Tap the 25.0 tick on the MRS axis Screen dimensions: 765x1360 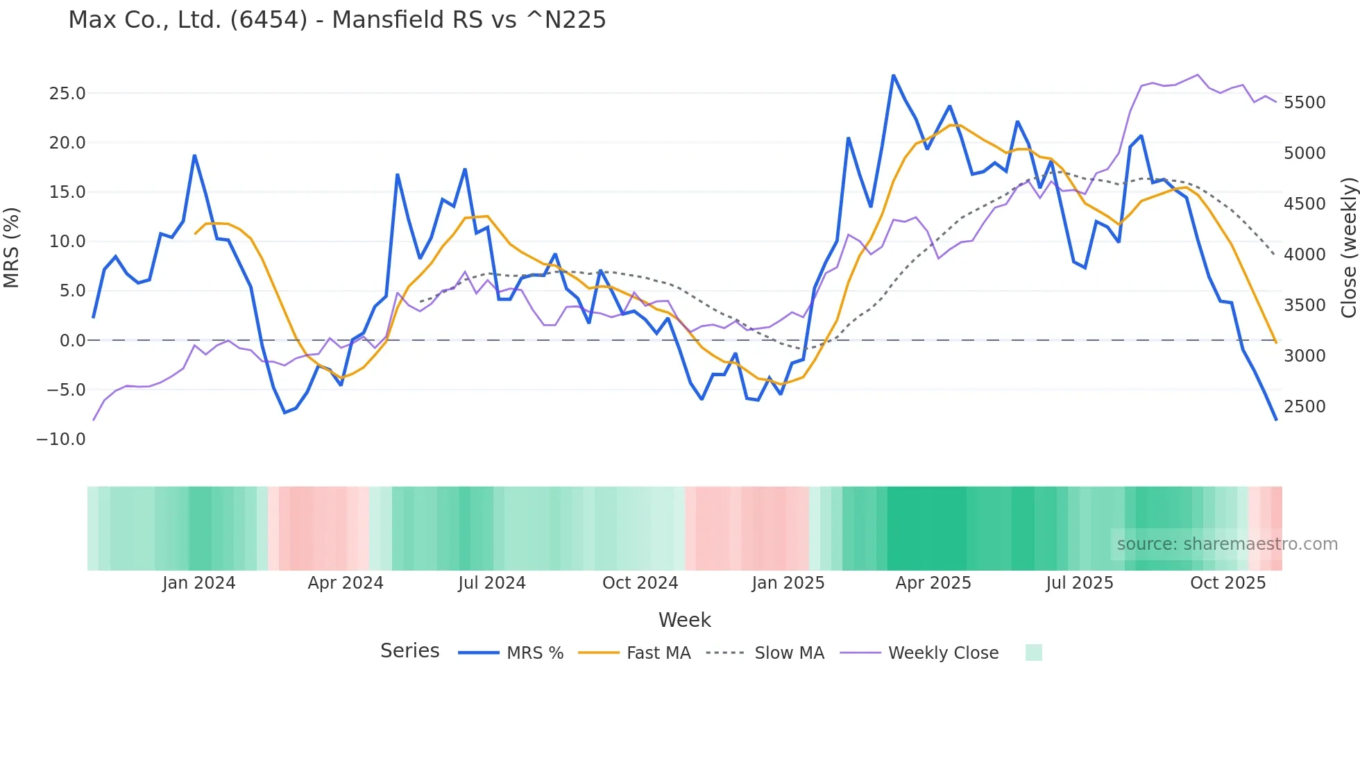(67, 94)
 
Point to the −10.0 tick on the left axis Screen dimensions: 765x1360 (61, 439)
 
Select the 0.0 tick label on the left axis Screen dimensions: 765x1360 (73, 341)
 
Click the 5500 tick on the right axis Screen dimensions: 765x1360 (1304, 103)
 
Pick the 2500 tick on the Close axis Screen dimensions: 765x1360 (1304, 407)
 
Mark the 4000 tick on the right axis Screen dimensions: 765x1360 (1304, 255)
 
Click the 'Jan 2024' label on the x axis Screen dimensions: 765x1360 (199, 583)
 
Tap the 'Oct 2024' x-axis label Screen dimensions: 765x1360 (640, 583)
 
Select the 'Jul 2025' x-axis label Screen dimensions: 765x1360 (1080, 583)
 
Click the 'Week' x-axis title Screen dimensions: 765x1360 (684, 620)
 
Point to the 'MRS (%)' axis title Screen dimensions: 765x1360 (12, 248)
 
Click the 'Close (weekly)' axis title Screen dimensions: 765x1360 (1348, 248)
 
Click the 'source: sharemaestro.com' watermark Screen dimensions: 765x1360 (1227, 544)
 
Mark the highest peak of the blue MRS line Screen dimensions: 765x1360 (893, 75)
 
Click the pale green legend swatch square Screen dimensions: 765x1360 (1033, 653)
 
